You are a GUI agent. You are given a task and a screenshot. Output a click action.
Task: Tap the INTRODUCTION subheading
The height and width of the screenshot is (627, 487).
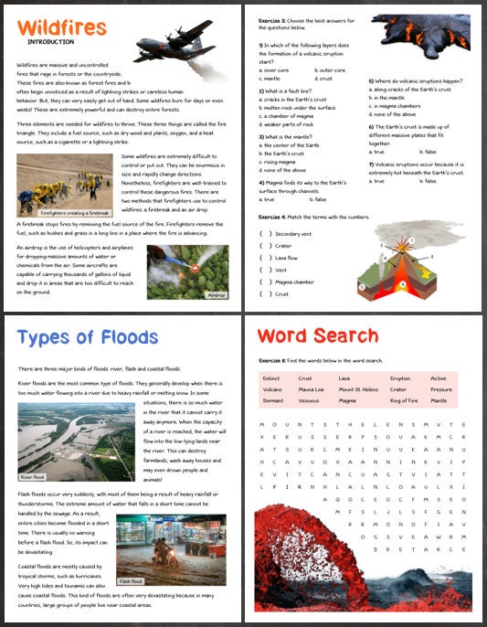click(x=51, y=43)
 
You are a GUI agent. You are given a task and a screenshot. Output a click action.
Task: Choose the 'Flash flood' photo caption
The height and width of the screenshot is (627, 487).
click(x=132, y=581)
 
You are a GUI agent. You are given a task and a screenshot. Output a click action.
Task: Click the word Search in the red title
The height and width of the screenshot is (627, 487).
click(x=343, y=337)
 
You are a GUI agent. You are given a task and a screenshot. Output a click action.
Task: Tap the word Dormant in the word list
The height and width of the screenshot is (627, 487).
click(x=273, y=400)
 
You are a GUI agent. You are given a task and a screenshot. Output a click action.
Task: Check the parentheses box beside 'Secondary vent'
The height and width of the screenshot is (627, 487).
click(x=265, y=233)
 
